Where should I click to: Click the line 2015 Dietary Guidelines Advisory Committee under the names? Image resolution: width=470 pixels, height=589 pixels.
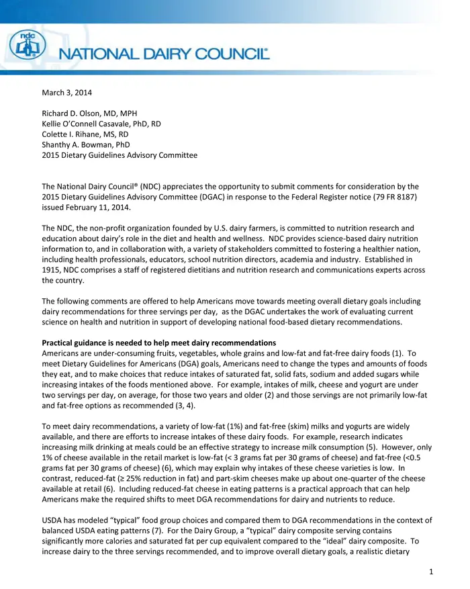(120, 155)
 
